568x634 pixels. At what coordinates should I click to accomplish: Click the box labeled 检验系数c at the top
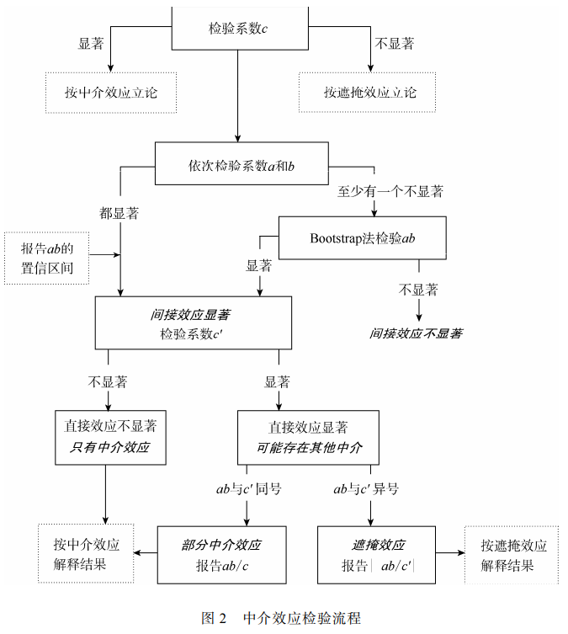(x=238, y=28)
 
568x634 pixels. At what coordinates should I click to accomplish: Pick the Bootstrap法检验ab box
(x=363, y=238)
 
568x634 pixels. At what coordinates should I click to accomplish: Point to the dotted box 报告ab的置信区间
(x=46, y=258)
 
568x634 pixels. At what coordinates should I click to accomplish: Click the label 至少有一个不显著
(x=390, y=191)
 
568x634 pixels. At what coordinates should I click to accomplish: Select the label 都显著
(x=119, y=213)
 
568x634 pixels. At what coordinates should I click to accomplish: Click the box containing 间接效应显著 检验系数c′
(x=193, y=323)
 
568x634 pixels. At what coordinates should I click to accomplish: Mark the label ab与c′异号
(x=366, y=488)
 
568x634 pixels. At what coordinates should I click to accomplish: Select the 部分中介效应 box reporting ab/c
(x=222, y=554)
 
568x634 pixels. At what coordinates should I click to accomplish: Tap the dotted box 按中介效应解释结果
(x=86, y=553)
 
